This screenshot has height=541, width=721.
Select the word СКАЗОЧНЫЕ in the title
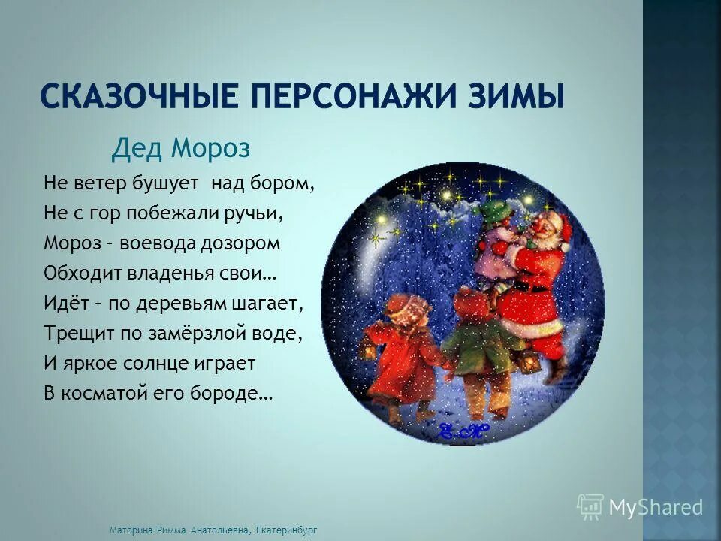141,98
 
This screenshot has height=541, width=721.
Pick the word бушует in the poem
168,183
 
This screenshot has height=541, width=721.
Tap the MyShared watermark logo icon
590,507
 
